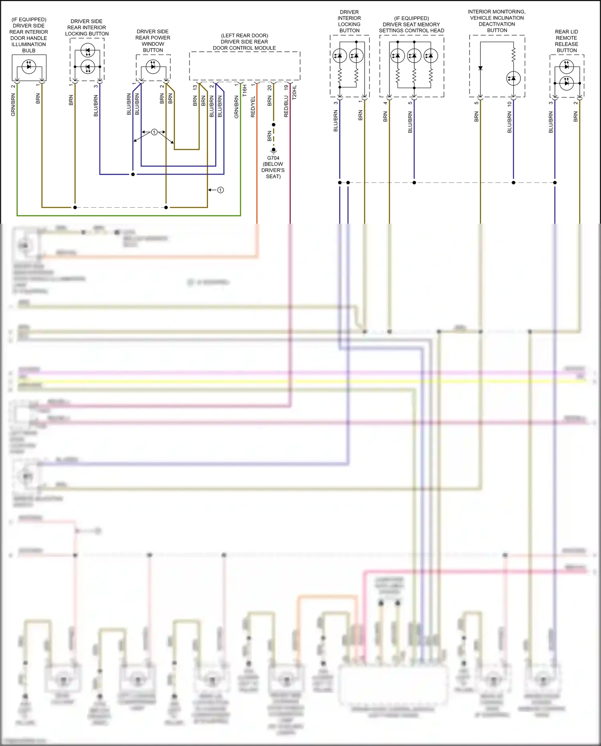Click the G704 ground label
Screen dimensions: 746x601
pos(273,158)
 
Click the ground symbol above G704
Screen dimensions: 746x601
pos(274,150)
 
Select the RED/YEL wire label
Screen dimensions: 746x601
pos(253,107)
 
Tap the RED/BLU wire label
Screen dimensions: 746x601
pos(286,106)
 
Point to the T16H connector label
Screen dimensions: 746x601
pos(245,91)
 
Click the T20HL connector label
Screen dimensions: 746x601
pos(294,93)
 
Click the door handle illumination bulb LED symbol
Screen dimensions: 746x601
pos(28,66)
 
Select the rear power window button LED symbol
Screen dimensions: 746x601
pos(153,67)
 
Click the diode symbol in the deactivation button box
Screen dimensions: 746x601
pos(480,68)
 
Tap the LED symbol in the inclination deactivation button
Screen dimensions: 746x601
pos(513,79)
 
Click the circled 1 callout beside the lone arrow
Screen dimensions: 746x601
pos(220,190)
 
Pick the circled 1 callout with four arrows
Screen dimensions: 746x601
pos(154,132)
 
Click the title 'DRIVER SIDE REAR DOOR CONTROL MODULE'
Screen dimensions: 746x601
pos(244,42)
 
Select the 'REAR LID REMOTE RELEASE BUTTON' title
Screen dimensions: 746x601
pos(566,41)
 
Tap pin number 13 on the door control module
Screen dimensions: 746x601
pos(195,87)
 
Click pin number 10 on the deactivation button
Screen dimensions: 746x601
pos(509,104)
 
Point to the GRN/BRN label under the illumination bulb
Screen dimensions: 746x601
pos(13,105)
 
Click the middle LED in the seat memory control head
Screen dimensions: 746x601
pos(414,56)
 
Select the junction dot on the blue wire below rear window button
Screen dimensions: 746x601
pos(133,174)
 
